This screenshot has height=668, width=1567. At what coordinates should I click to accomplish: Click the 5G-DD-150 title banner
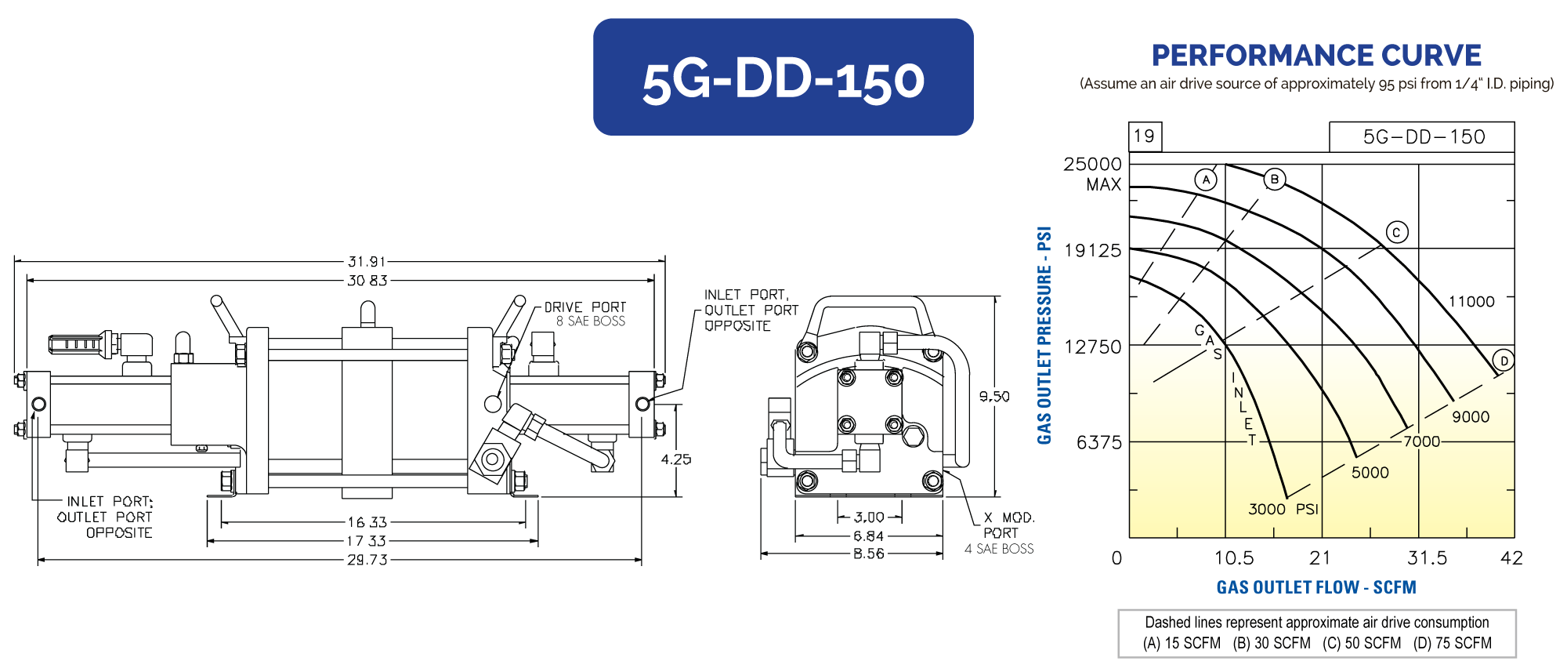[783, 78]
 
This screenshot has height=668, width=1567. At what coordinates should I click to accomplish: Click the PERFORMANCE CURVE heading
[1316, 56]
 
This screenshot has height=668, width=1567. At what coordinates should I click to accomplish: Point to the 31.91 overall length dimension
[367, 262]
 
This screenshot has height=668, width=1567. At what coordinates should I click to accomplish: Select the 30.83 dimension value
[367, 281]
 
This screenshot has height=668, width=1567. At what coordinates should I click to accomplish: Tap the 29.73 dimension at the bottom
[367, 560]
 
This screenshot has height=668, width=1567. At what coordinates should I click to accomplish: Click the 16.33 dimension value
[367, 522]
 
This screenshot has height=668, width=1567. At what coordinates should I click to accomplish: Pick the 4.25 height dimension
[675, 459]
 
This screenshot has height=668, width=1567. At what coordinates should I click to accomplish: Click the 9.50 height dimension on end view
[994, 397]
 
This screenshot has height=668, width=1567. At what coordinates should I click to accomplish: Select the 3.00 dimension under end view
[869, 517]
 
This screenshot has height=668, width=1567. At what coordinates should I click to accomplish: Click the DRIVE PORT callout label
[585, 307]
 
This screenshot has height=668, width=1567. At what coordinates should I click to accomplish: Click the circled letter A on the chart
[1206, 180]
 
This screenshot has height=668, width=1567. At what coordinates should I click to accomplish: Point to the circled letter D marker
[1504, 361]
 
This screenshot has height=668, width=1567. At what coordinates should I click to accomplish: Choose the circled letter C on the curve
[1396, 232]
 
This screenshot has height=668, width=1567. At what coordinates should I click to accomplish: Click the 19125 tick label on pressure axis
[1093, 251]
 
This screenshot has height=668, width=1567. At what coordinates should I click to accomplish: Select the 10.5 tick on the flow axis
[1234, 558]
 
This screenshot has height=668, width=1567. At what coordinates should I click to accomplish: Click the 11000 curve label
[1471, 302]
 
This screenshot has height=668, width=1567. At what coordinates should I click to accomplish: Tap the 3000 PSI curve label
[1283, 510]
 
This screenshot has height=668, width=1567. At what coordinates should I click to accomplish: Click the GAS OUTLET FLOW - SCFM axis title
[1316, 587]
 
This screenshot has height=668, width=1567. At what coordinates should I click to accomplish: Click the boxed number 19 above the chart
[1144, 136]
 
